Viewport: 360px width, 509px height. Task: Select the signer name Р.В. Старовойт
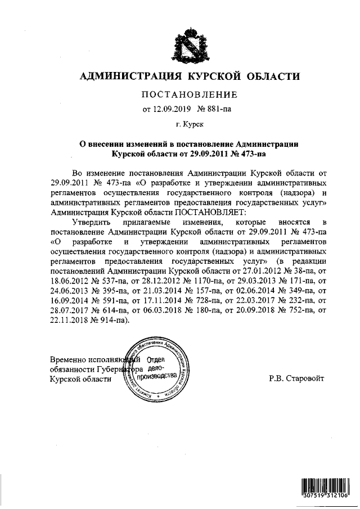coord(296,379)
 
